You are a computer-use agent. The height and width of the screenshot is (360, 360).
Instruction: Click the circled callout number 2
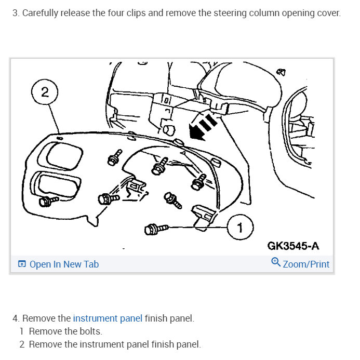pyautogui.click(x=45, y=92)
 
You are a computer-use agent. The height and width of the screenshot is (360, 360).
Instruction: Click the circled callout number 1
pyautogui.click(x=239, y=228)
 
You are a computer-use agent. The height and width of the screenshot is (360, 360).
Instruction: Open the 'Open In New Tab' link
pyautogui.click(x=64, y=264)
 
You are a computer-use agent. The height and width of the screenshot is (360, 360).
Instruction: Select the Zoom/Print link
pyautogui.click(x=306, y=264)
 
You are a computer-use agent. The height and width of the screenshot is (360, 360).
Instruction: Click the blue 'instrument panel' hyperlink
pyautogui.click(x=108, y=318)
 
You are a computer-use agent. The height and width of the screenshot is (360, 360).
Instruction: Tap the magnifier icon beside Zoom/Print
pyautogui.click(x=276, y=263)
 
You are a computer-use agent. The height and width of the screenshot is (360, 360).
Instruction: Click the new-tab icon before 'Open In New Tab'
pyautogui.click(x=22, y=264)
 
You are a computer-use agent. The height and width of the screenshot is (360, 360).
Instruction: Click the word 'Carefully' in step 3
pyautogui.click(x=42, y=12)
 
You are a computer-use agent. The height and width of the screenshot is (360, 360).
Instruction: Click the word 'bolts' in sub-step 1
pyautogui.click(x=90, y=331)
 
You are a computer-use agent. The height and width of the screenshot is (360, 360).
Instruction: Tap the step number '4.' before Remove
pyautogui.click(x=16, y=318)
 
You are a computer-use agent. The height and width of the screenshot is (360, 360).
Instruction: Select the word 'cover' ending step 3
pyautogui.click(x=328, y=12)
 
